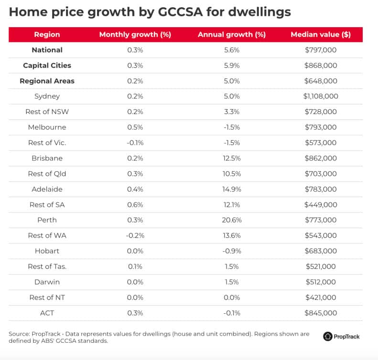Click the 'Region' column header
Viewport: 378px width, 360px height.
(47, 34)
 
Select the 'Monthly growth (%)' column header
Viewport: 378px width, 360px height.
(135, 34)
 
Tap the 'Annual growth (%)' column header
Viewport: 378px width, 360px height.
(232, 34)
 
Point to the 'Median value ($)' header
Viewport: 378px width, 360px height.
(320, 34)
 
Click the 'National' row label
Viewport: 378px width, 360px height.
(47, 50)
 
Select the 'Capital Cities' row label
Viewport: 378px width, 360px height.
(47, 65)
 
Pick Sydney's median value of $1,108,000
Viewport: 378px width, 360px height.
(320, 96)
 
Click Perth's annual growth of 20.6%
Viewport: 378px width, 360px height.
(232, 220)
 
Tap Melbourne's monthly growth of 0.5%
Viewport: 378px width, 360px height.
(135, 127)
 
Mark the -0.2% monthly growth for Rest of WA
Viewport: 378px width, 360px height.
(135, 235)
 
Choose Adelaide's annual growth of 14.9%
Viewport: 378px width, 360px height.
(232, 189)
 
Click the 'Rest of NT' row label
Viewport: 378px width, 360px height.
(47, 297)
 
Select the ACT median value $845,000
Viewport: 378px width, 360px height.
(320, 313)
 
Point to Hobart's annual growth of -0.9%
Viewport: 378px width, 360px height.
(232, 251)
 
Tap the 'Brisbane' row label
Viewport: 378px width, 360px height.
(47, 158)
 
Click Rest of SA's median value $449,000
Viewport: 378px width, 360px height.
(320, 205)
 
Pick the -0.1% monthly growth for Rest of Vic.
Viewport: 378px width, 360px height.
(135, 143)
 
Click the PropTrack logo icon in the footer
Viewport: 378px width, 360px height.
(328, 337)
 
